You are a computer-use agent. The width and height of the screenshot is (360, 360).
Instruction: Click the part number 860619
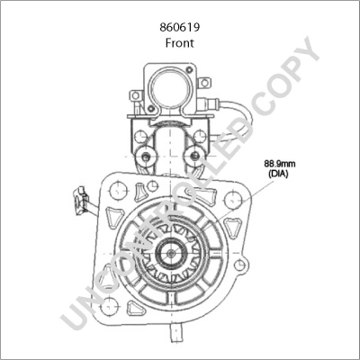(x=180, y=28)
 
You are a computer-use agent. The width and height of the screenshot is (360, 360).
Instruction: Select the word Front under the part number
(x=180, y=43)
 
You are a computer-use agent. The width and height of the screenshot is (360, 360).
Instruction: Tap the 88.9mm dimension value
(x=280, y=164)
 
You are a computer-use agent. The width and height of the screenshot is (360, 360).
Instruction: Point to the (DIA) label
(x=279, y=174)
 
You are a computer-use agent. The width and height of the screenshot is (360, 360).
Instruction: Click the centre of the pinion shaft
(x=171, y=254)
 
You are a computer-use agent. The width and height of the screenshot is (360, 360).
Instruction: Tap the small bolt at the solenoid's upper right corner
(x=189, y=70)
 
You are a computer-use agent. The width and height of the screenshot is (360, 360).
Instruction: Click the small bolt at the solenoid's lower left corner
(x=151, y=108)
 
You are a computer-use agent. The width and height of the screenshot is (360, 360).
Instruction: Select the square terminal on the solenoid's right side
(x=204, y=83)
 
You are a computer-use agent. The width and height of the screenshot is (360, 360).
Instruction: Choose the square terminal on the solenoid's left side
(x=136, y=95)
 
